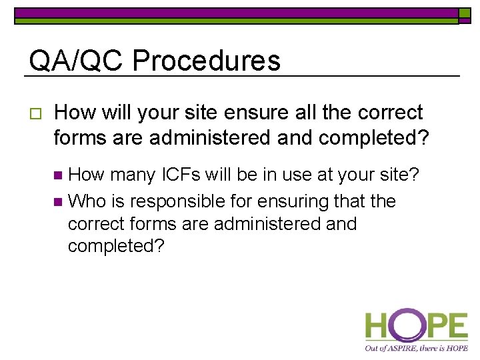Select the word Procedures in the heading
click(206, 61)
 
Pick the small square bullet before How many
click(58, 176)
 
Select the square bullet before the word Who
click(58, 201)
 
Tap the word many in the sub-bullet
click(131, 175)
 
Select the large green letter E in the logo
click(455, 327)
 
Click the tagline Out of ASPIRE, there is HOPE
click(416, 348)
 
